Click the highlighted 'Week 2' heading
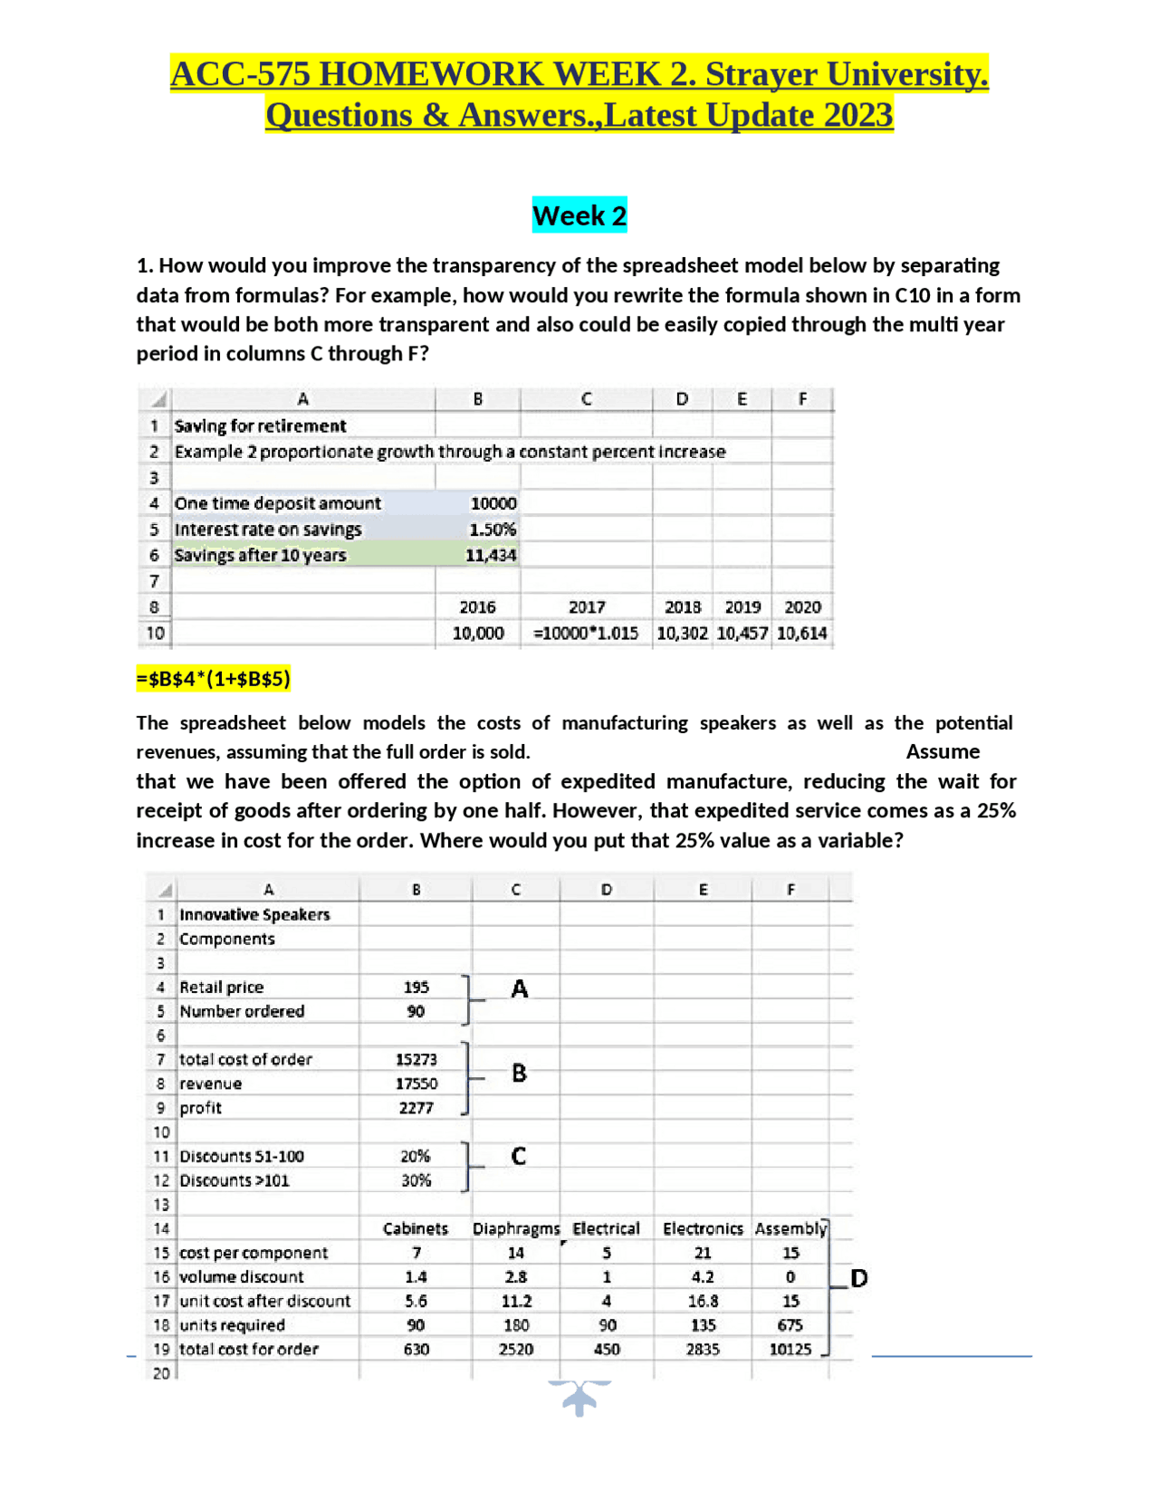coord(579,215)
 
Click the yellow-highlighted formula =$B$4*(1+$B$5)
coord(214,679)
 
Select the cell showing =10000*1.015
coord(586,634)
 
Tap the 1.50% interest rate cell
coord(493,530)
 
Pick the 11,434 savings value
coord(491,555)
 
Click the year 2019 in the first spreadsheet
coord(742,607)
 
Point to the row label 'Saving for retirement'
coord(261,426)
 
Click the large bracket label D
coord(859,1278)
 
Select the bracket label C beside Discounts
coord(519,1157)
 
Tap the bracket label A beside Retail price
coord(520,988)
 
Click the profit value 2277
coord(417,1108)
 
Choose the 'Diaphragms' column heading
coord(516,1229)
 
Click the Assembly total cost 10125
coord(790,1350)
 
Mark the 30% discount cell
coord(416,1180)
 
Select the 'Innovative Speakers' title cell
coord(254,915)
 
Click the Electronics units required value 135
coord(703,1325)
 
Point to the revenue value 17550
coord(417,1084)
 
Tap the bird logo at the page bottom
coord(579,1397)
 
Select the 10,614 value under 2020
coord(802,634)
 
